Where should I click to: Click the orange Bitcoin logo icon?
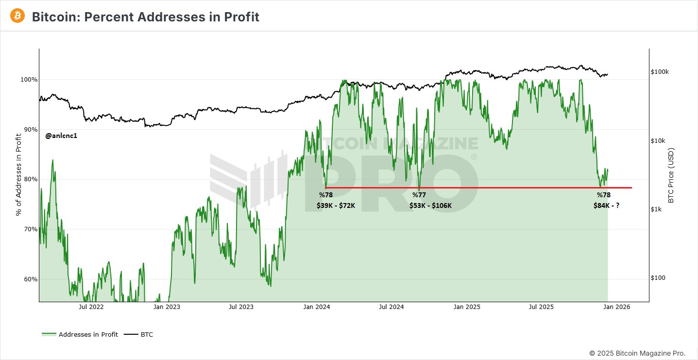[17, 16]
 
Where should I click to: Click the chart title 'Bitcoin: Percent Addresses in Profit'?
[145, 17]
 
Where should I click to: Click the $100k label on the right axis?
[660, 72]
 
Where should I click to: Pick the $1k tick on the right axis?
[656, 209]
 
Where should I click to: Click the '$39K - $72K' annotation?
[336, 206]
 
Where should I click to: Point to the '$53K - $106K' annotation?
[430, 206]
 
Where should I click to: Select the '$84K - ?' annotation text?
[606, 206]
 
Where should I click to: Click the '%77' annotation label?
[419, 195]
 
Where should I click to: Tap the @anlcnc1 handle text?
[61, 136]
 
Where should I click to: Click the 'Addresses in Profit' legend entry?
[88, 334]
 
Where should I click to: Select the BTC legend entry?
[147, 334]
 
